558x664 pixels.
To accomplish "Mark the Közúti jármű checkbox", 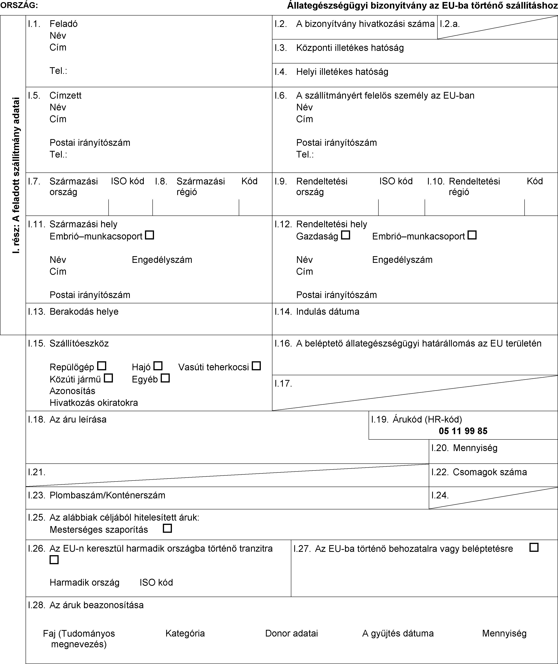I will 108,378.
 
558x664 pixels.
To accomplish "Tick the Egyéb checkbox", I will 165,378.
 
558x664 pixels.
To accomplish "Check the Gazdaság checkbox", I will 346,235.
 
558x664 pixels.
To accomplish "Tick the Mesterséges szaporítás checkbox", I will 167,528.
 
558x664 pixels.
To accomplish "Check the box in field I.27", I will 534,547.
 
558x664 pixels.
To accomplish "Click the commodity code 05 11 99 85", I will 463,431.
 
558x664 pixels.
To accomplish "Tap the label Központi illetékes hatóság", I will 350,48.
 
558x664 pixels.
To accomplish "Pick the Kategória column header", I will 185,633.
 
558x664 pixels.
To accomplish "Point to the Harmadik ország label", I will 85,582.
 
